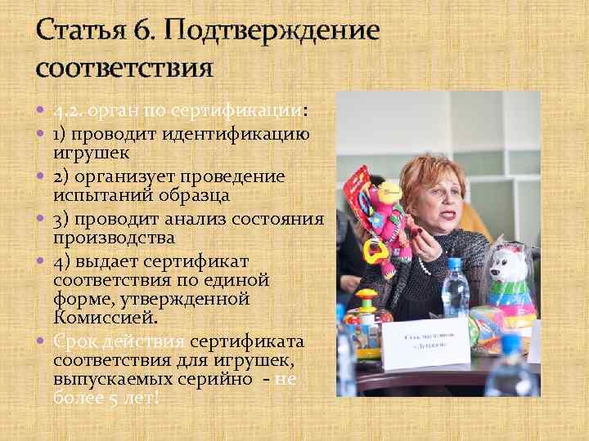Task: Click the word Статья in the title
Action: [79, 31]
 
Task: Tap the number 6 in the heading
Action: [136, 31]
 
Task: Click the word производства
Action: [114, 238]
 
